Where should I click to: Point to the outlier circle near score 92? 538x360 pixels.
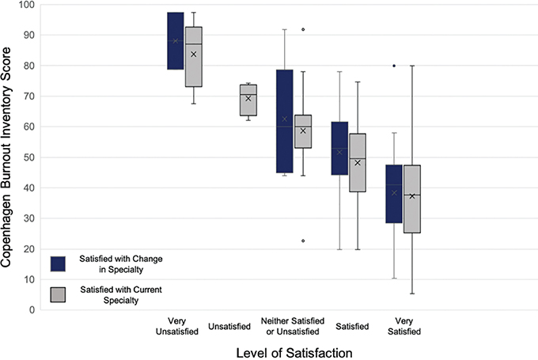(303, 29)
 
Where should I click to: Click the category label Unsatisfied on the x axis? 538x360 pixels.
(229, 325)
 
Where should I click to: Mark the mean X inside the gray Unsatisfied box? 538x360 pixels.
(248, 98)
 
